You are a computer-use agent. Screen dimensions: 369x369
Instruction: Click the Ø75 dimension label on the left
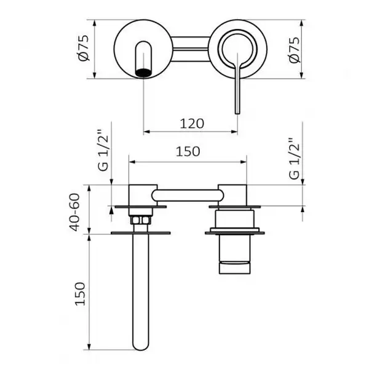pos(84,48)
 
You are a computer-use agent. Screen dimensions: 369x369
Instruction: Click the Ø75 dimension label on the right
pos(294,50)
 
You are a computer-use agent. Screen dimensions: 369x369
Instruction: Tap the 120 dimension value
pos(192,124)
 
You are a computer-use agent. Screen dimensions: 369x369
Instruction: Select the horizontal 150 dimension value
pos(188,151)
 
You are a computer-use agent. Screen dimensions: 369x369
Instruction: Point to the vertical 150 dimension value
pos(80,294)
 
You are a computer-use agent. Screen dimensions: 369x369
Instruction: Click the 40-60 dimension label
pos(74,212)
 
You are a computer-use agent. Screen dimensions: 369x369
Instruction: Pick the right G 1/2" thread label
pos(294,159)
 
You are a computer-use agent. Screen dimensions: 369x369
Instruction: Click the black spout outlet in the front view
pos(143,73)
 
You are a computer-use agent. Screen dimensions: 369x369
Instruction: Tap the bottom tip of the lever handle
pos(237,114)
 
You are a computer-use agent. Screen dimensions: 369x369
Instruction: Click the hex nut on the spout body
pos(140,220)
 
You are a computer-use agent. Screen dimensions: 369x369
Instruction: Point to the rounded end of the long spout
pos(141,345)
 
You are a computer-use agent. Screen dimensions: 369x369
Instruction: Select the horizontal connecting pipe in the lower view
pos(188,196)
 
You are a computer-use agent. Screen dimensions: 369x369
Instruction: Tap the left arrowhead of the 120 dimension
pos(147,132)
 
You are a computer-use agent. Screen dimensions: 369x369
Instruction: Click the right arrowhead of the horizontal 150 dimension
pos(243,162)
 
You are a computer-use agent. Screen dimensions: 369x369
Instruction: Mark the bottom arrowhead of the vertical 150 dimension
pos(89,346)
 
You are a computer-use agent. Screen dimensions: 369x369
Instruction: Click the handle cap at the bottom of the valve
pos(234,268)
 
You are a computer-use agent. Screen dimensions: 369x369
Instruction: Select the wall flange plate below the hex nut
pos(140,233)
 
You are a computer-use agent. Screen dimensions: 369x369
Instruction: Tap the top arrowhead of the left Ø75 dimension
pos(95,23)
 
